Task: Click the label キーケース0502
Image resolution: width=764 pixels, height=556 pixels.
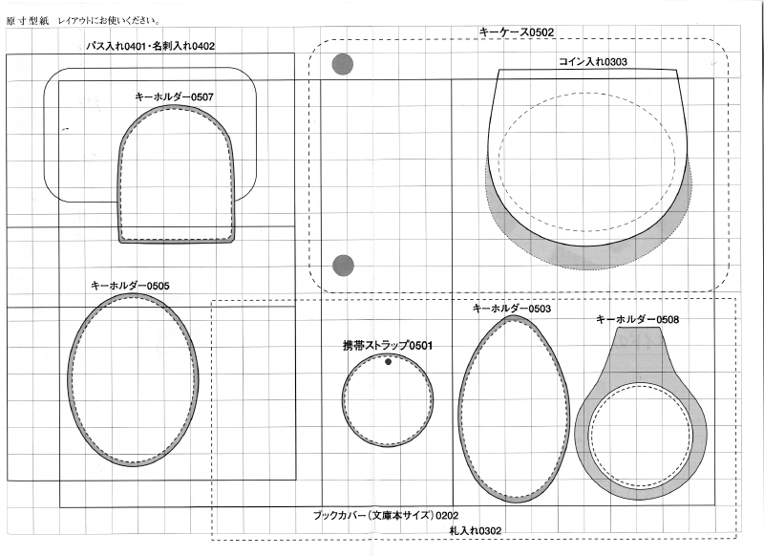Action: (517, 32)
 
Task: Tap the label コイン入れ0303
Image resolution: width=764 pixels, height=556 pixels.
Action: (592, 62)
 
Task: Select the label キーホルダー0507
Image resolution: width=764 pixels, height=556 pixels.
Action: (174, 97)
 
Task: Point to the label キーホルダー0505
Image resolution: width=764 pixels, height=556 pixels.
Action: (130, 286)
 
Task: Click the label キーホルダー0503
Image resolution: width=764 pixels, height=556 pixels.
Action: (512, 309)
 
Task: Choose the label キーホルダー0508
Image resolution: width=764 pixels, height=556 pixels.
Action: (637, 319)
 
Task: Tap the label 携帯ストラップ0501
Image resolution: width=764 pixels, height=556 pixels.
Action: (388, 346)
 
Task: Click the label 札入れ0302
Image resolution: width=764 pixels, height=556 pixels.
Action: (475, 530)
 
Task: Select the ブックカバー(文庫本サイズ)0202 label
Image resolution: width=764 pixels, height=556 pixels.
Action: (386, 515)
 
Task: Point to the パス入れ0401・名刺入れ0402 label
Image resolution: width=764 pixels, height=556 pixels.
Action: (151, 46)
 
